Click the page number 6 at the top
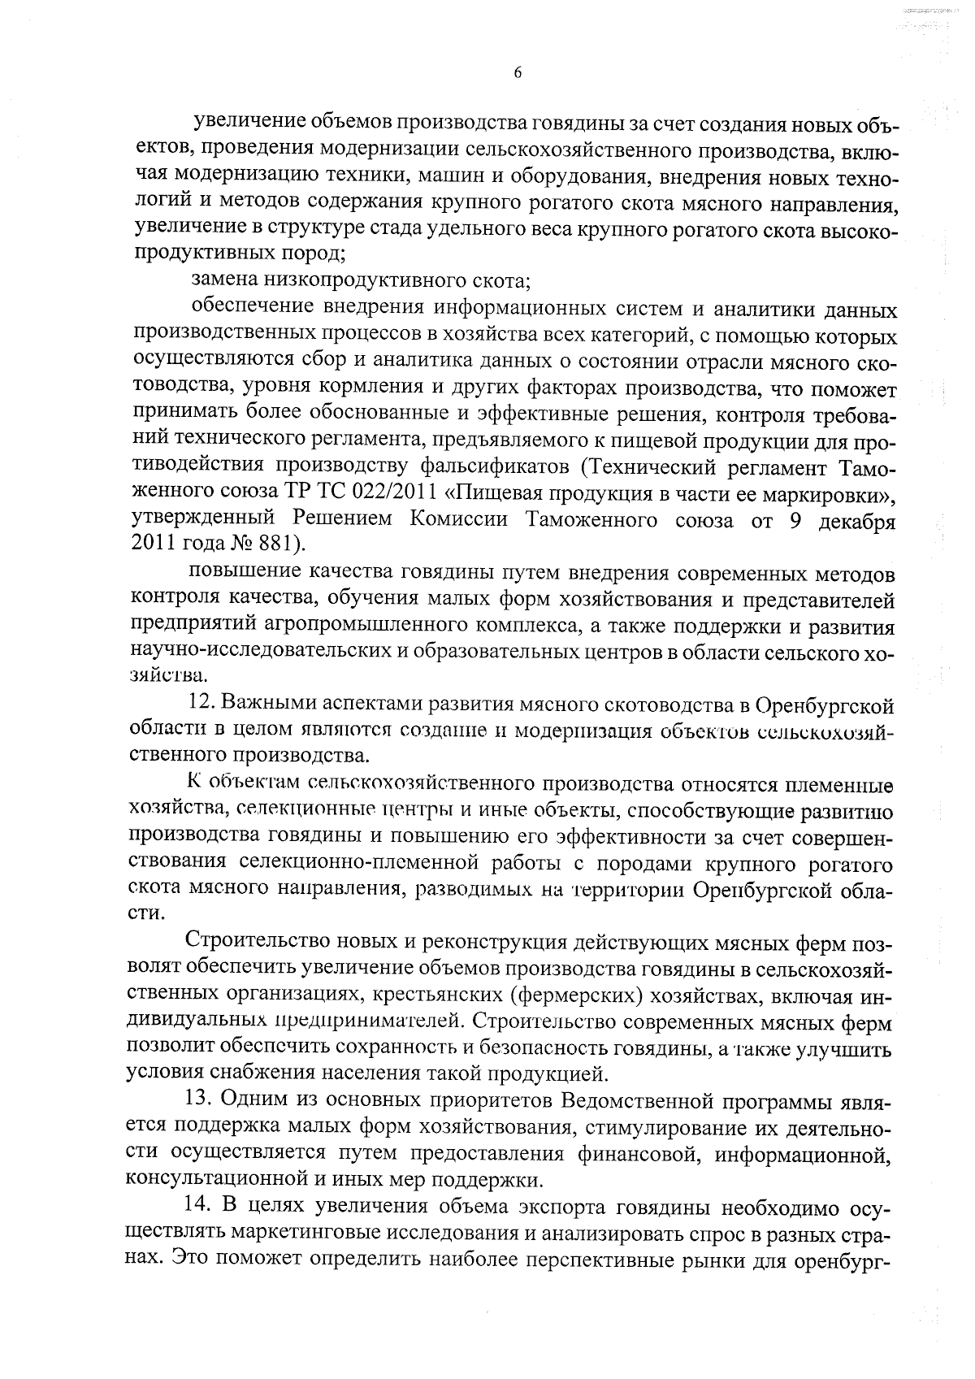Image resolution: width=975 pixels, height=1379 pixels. coord(518,72)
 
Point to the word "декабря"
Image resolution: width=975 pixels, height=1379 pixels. coord(855,520)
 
